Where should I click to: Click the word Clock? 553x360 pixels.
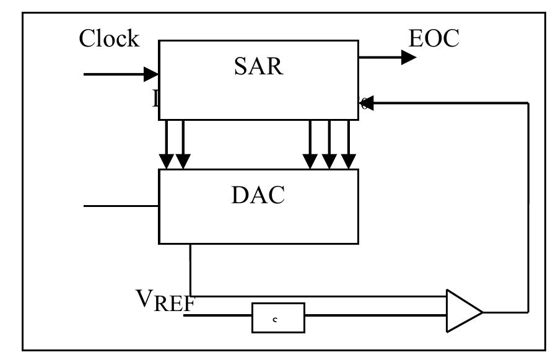[109, 38]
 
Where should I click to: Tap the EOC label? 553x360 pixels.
[434, 38]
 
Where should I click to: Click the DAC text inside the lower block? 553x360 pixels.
[258, 195]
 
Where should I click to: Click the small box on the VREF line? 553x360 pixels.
[278, 317]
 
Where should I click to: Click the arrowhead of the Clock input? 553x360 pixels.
[152, 74]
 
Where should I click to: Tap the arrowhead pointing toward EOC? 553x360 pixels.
[409, 58]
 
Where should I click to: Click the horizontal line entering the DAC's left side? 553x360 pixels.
[121, 205]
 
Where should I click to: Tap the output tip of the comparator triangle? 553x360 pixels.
[482, 310]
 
